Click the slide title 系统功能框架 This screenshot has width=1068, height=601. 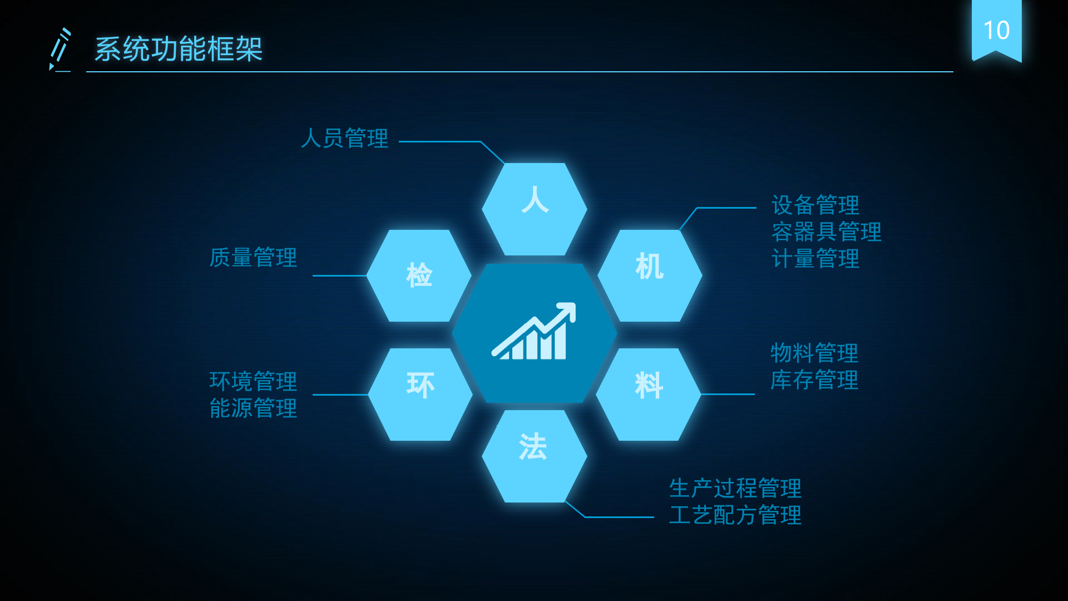[x=178, y=49]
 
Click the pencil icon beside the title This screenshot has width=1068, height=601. [x=60, y=50]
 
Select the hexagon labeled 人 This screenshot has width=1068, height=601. [x=535, y=209]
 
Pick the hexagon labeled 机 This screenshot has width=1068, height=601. [x=650, y=275]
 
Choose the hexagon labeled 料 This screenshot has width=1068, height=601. [x=648, y=394]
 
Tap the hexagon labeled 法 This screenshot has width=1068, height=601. [x=534, y=456]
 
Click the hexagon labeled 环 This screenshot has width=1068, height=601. [x=421, y=394]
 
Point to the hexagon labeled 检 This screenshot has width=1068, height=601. [x=419, y=275]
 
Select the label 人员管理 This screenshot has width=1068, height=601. [x=344, y=139]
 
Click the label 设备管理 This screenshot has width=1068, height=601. [x=815, y=205]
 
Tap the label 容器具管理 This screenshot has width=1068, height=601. [x=826, y=232]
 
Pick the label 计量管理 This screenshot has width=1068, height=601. [x=815, y=259]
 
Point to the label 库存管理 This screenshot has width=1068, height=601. [x=814, y=380]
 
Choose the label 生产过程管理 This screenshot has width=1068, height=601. [x=735, y=489]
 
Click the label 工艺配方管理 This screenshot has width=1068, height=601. [x=735, y=515]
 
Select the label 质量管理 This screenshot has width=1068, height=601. [x=253, y=258]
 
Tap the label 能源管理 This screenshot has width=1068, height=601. [x=253, y=408]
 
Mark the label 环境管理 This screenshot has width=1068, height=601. [x=253, y=382]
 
